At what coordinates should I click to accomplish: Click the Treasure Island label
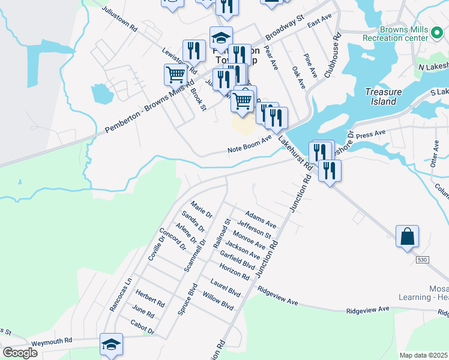[x=381, y=97]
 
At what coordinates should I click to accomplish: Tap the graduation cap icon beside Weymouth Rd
[x=111, y=344]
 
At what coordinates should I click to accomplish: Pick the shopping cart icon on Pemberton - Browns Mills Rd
[x=175, y=75]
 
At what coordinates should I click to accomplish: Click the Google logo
[x=20, y=353]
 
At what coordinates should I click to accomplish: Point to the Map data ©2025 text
[x=424, y=355]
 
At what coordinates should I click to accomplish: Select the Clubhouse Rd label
[x=333, y=55]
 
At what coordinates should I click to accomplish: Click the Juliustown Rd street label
[x=120, y=19]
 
